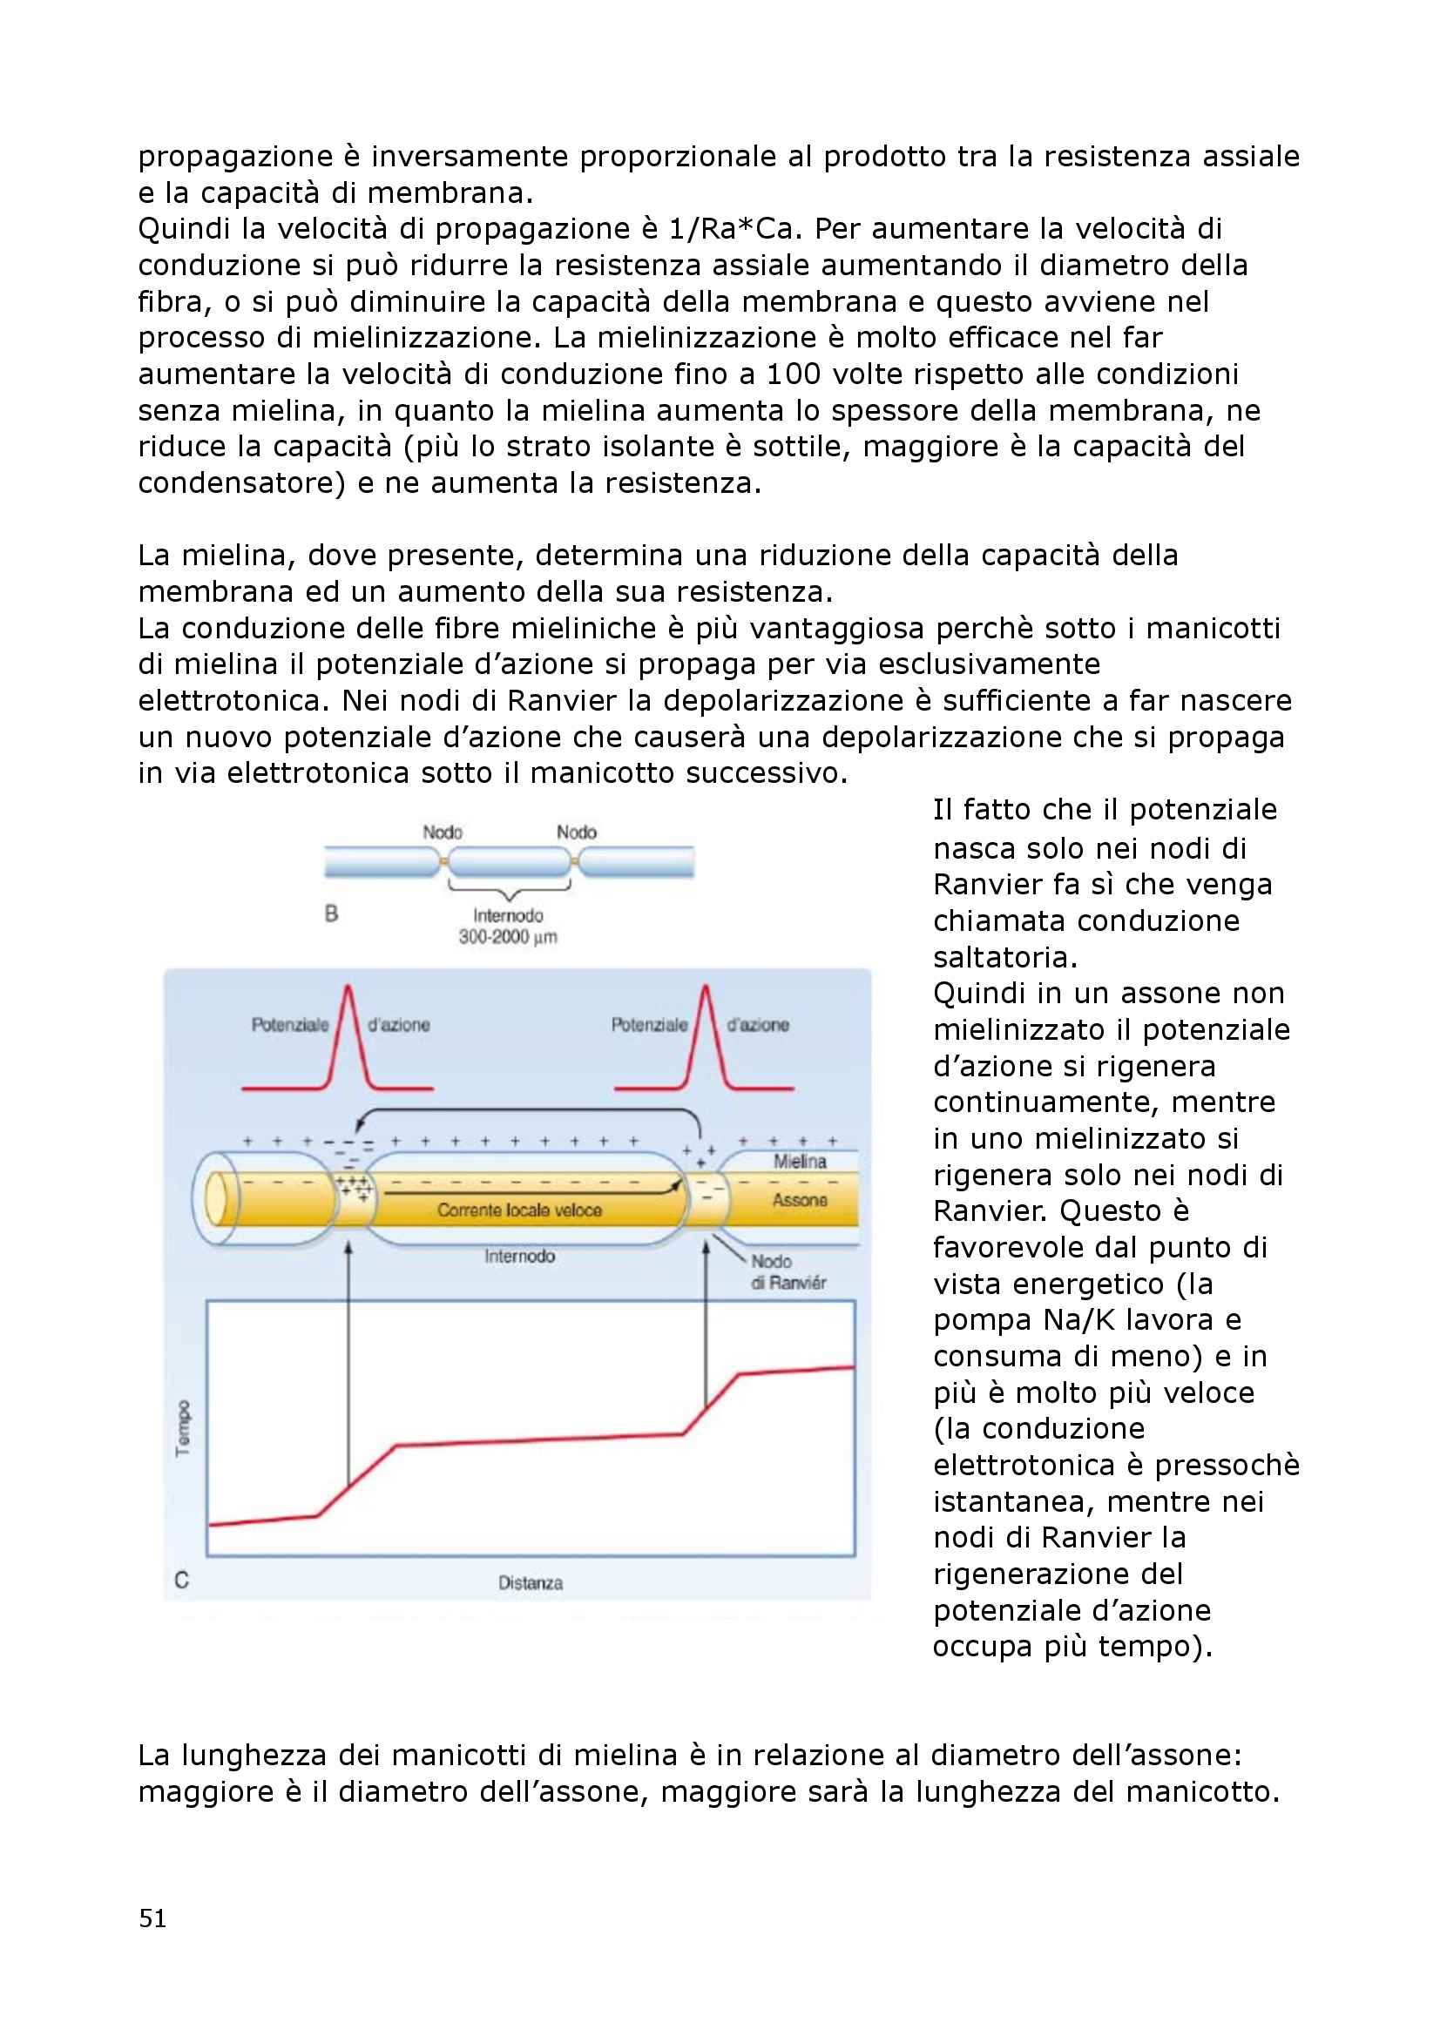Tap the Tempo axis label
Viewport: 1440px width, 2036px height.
[x=184, y=1428]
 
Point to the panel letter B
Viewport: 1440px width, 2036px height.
[x=332, y=914]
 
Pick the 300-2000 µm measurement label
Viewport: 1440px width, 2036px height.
[x=508, y=937]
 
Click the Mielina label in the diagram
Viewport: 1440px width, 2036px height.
[x=800, y=1162]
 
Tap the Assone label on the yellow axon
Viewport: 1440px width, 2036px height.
[x=800, y=1200]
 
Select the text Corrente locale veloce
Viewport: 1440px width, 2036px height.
[x=519, y=1210]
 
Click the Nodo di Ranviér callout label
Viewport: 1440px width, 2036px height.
[x=788, y=1271]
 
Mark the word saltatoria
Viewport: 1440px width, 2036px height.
[x=1005, y=958]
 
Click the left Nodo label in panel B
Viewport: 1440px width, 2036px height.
[x=442, y=832]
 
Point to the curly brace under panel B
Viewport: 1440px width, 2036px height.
[x=510, y=887]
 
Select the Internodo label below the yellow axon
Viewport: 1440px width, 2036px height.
[x=519, y=1257]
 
